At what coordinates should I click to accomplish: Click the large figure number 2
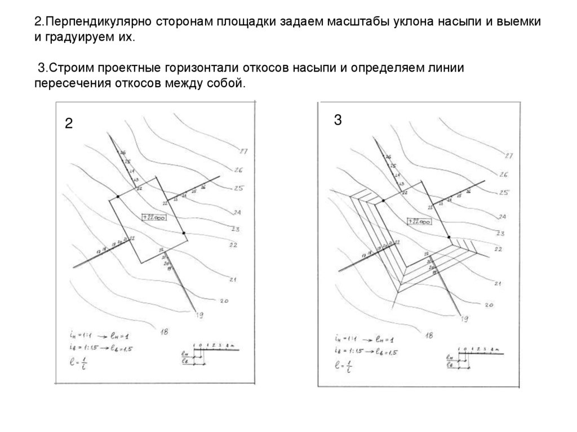pos(68,124)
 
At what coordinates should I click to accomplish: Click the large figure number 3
pos(337,121)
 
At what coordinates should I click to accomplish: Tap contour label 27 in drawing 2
pos(243,152)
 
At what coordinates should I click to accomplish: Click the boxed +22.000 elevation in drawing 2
pos(154,217)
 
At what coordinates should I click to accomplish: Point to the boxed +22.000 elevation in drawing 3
pos(420,221)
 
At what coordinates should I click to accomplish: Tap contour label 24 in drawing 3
pos(502,217)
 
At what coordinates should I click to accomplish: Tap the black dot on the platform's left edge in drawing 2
pos(117,197)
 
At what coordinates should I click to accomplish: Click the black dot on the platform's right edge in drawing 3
pos(449,237)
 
